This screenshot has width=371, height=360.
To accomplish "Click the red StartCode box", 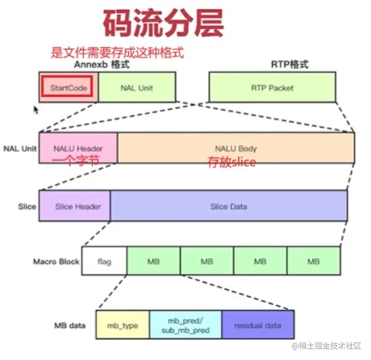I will tap(68, 87).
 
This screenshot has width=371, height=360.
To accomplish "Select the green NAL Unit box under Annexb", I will tap(138, 87).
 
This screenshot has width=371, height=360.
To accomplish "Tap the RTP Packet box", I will tap(272, 87).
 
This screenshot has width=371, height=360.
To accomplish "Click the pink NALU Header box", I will tap(79, 148).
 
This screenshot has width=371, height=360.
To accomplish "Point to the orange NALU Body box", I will tap(236, 148).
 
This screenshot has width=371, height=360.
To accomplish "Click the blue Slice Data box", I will tap(229, 206).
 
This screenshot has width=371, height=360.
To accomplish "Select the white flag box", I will tap(104, 262).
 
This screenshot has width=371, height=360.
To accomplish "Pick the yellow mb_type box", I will tap(123, 326).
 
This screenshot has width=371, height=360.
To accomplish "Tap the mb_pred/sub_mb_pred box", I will tap(185, 326).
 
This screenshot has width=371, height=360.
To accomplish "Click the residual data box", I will tap(258, 326).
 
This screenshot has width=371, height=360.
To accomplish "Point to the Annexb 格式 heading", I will tap(102, 64).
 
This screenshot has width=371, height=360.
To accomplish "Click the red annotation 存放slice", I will tap(232, 162).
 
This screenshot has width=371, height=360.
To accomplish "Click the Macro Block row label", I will tap(56, 262).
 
